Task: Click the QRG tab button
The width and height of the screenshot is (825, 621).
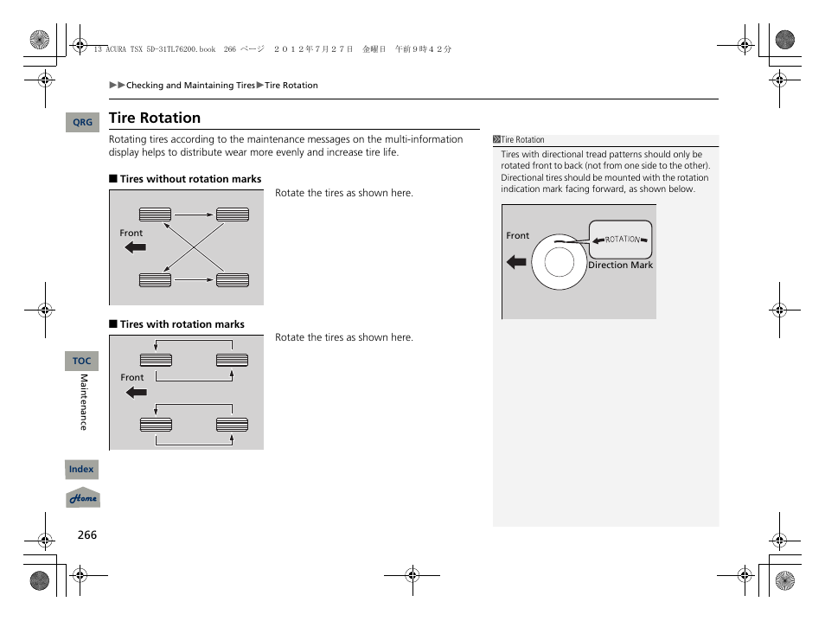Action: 82,123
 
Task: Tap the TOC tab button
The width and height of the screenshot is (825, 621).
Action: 82,361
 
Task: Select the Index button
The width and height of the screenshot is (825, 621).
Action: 82,470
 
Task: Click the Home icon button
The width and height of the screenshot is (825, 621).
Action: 83,498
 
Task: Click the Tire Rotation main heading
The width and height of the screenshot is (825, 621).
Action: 155,118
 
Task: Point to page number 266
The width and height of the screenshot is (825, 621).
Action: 87,535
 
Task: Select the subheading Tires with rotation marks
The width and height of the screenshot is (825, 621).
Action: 182,324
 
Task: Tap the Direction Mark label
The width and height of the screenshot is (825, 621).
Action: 620,266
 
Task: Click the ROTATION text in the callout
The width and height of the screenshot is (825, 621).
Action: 622,239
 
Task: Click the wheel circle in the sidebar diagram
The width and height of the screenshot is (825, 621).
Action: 559,261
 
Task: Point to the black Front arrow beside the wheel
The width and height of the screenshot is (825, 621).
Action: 517,261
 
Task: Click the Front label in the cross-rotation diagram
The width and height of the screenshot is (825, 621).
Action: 131,233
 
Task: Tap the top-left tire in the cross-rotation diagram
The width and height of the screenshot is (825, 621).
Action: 156,214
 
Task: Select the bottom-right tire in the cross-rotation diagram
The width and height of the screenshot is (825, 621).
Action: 233,279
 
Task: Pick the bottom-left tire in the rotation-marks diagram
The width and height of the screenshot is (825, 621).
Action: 156,424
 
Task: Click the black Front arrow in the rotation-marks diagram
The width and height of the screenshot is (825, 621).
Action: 136,393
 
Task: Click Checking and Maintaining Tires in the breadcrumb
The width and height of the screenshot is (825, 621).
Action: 190,86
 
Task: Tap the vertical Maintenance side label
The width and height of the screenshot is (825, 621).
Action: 84,402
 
